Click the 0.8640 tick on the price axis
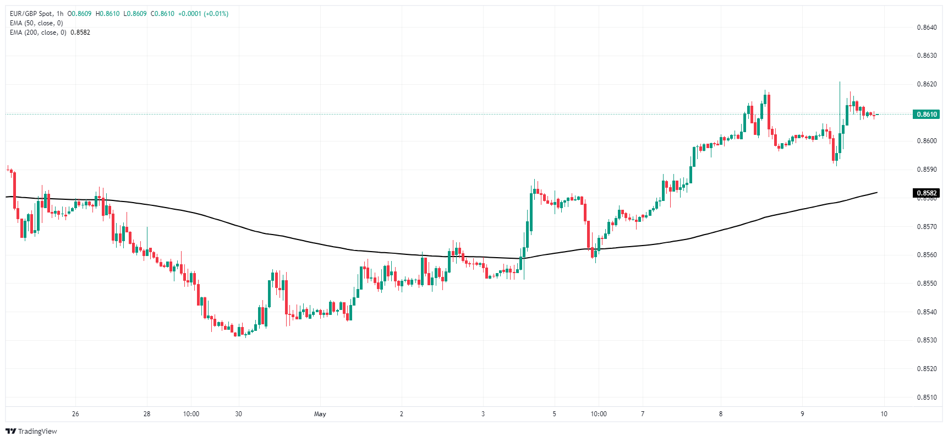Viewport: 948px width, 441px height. click(927, 28)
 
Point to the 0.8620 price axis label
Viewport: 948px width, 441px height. click(927, 84)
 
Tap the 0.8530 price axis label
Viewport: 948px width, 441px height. click(927, 340)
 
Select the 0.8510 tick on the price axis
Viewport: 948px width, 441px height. click(927, 398)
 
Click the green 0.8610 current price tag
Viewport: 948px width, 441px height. click(927, 115)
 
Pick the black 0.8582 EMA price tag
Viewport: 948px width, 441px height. click(927, 193)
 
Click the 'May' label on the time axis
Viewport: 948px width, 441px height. click(320, 414)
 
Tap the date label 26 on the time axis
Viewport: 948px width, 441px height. click(75, 414)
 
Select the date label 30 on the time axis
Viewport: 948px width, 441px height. click(238, 414)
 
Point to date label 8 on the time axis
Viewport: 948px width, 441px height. click(721, 414)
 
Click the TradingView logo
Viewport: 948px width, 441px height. click(31, 431)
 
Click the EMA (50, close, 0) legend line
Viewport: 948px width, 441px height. click(36, 23)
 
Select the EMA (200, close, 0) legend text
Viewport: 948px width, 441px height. click(38, 32)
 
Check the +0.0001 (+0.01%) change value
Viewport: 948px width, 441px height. click(203, 14)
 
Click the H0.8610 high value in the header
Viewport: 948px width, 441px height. click(107, 14)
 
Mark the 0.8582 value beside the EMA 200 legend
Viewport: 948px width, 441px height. click(80, 32)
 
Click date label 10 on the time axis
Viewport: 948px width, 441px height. click(884, 414)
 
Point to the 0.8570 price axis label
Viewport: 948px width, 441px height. click(927, 227)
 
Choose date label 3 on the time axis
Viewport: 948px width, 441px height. click(483, 414)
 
